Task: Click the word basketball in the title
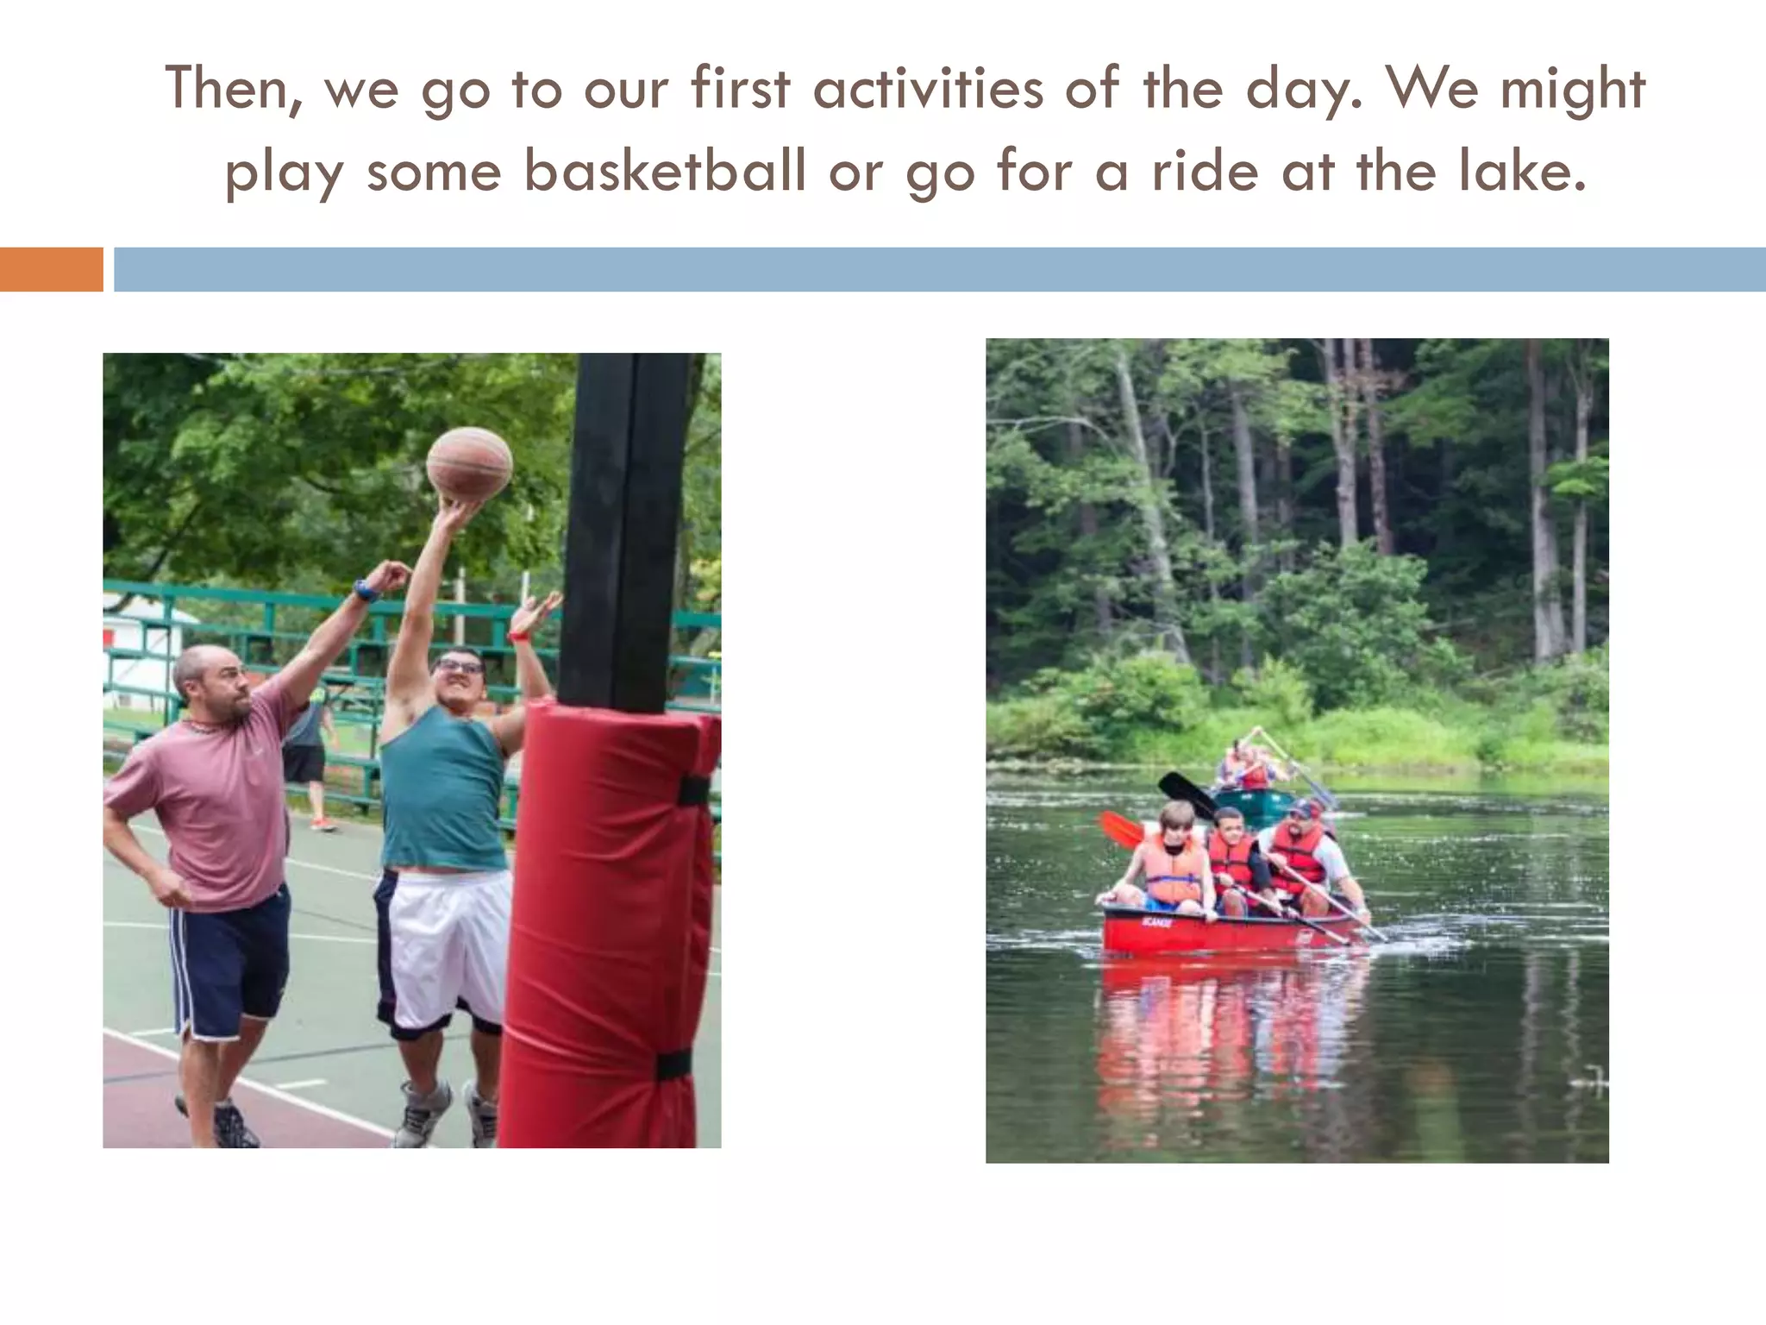[x=666, y=171]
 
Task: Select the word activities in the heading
[x=928, y=89]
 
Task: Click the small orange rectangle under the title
[x=51, y=269]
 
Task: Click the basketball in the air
[x=469, y=463]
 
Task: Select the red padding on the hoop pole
[x=608, y=923]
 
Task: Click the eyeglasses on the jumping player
[x=460, y=666]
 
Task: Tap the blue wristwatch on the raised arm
[x=366, y=591]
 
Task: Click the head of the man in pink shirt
[x=211, y=681]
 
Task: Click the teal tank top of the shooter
[x=443, y=789]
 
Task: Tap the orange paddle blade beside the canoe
[x=1120, y=829]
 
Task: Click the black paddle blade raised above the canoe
[x=1187, y=794]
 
